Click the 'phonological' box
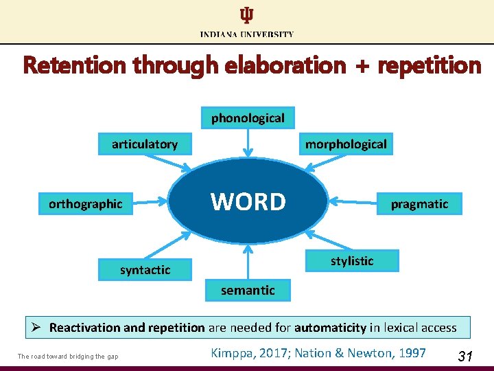coord(248,118)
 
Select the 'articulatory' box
coord(145,144)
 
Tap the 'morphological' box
coord(346,144)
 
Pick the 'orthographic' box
coord(86,203)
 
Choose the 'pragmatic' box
coord(419,203)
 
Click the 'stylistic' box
coord(352,260)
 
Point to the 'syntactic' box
coord(145,269)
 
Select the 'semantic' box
coord(248,290)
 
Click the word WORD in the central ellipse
coord(248,202)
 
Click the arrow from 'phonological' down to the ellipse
coord(248,144)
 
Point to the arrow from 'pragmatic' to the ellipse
coord(353,203)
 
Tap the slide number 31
coord(465,356)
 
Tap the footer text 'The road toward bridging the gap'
coord(68,356)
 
